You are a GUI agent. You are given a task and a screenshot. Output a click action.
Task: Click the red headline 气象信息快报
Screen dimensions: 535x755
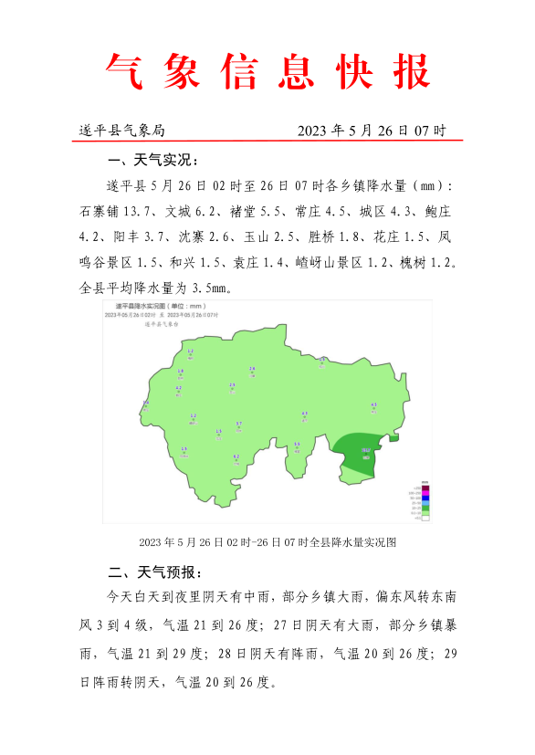pyautogui.click(x=267, y=70)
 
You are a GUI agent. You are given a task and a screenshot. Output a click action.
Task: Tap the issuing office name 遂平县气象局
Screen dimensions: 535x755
pyautogui.click(x=121, y=131)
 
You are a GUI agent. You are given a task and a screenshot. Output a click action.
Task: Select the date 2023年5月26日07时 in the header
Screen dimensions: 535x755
pyautogui.click(x=372, y=131)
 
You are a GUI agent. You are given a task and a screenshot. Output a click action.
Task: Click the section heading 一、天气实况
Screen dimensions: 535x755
pyautogui.click(x=152, y=161)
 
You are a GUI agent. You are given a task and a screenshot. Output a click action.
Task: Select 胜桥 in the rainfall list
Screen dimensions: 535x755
pyautogui.click(x=323, y=237)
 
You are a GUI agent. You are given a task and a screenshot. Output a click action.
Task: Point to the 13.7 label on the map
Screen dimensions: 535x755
pyautogui.click(x=366, y=449)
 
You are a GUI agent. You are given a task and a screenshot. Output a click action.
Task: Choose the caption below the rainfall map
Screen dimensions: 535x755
pyautogui.click(x=267, y=541)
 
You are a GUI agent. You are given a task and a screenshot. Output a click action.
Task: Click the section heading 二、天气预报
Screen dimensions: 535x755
pyautogui.click(x=152, y=573)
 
